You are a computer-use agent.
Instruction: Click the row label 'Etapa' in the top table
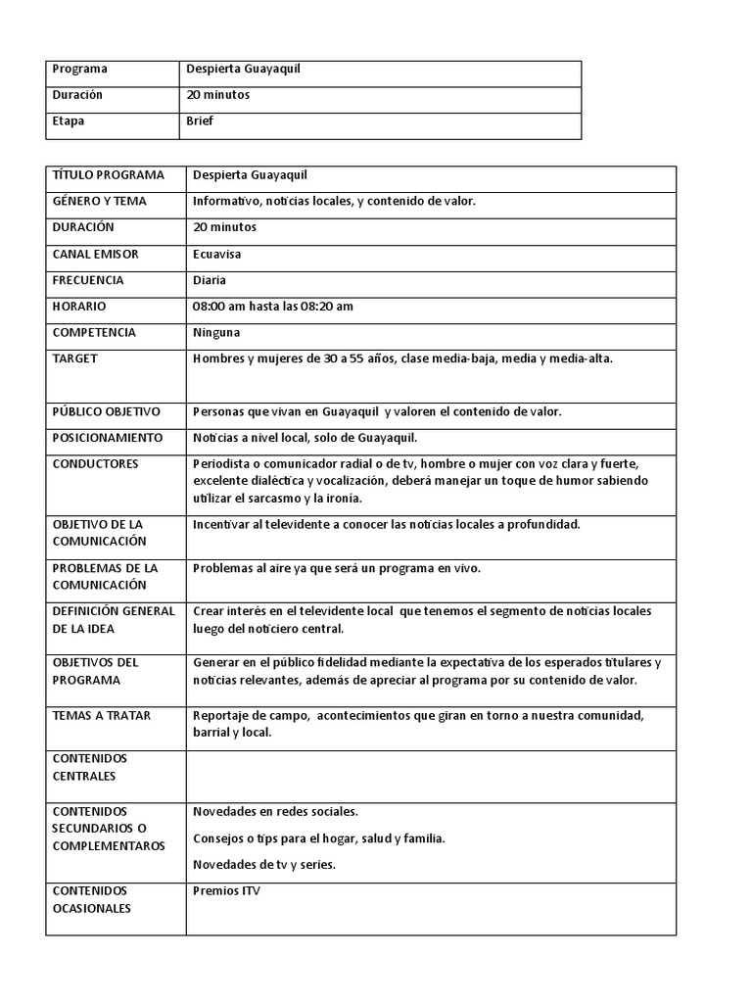(69, 121)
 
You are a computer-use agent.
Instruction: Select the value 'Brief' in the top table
(200, 121)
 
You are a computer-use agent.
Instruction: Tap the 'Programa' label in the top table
(79, 70)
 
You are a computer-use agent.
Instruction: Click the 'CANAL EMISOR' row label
(95, 254)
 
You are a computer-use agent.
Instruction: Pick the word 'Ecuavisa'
(217, 254)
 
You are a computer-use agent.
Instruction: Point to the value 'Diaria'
(210, 280)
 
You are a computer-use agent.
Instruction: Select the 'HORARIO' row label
(79, 307)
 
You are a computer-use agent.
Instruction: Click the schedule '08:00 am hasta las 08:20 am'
(273, 307)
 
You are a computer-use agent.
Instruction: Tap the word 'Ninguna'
(216, 332)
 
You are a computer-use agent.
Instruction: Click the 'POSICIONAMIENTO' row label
(108, 438)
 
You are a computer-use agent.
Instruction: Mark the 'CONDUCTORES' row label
(95, 463)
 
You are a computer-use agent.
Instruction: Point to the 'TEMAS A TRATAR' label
(101, 716)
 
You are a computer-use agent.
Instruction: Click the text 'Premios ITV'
(227, 891)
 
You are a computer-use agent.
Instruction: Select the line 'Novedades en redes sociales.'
(276, 812)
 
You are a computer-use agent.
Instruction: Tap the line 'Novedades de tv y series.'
(264, 864)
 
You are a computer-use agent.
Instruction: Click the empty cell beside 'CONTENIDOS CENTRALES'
(431, 776)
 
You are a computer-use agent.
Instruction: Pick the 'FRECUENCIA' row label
(88, 280)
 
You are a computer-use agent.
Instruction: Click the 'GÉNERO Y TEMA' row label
(99, 201)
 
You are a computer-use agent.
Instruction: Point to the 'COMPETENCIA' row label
(94, 332)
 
